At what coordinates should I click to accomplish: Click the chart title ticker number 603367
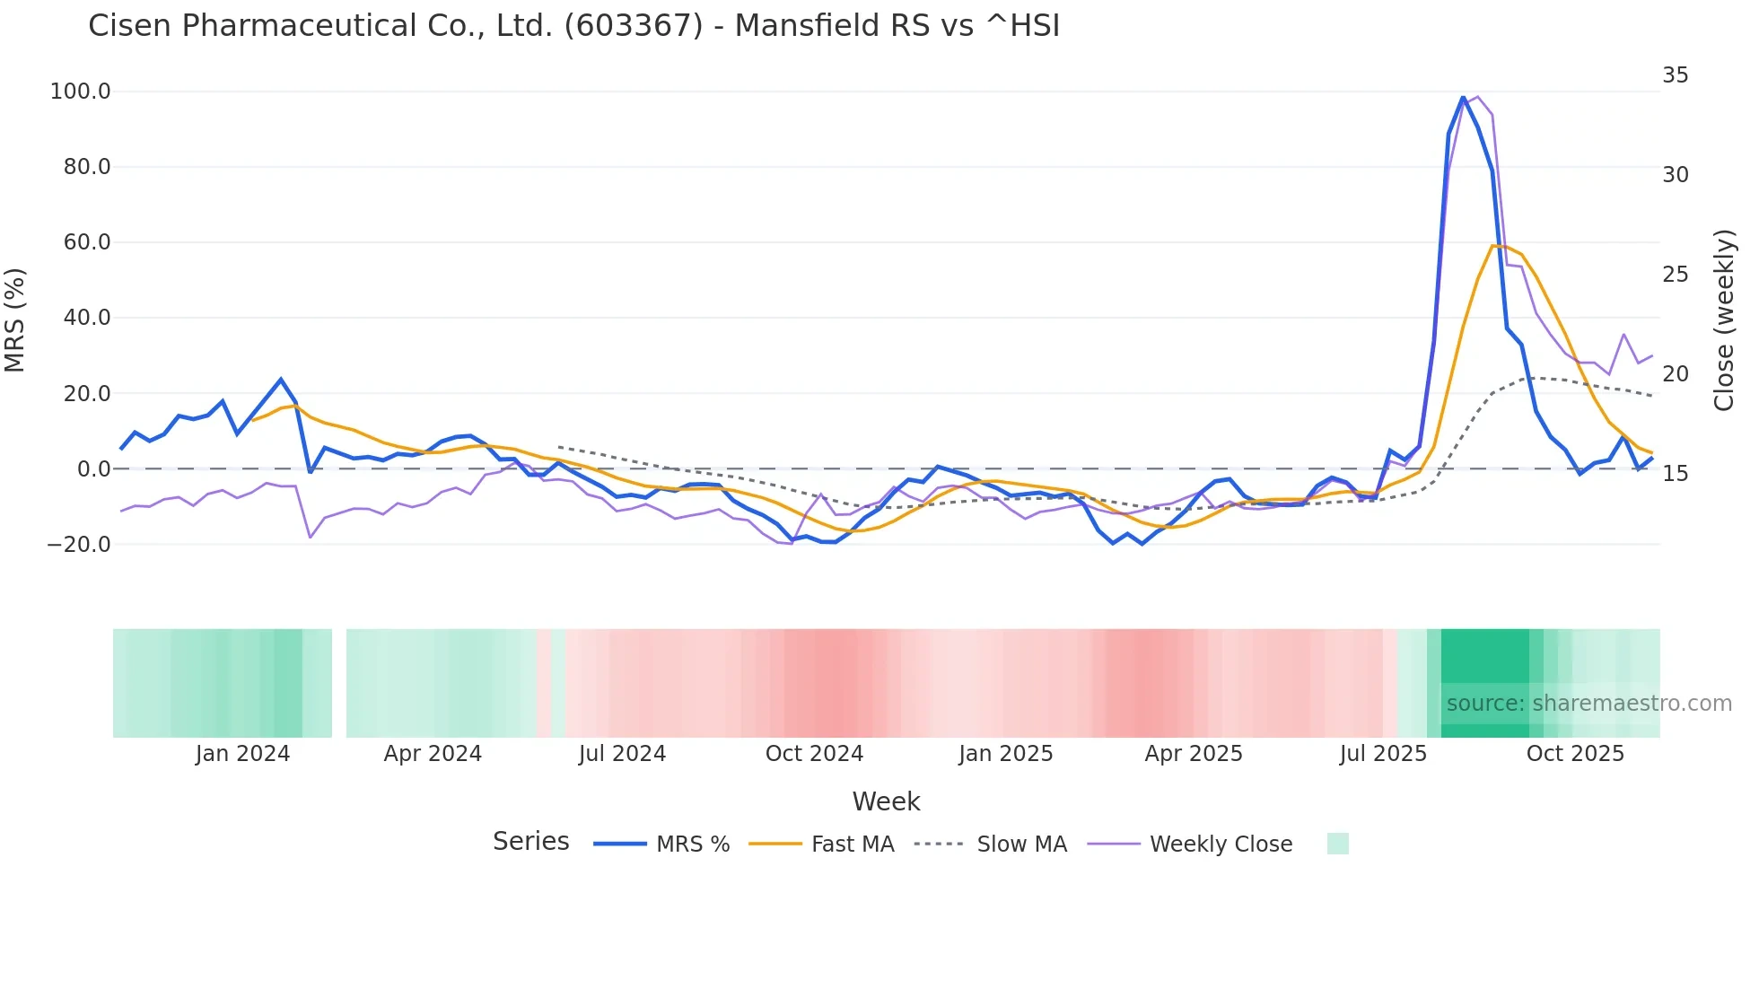pyautogui.click(x=634, y=26)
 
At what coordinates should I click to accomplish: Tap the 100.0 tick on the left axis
pyautogui.click(x=80, y=92)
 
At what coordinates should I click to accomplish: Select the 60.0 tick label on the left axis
pyautogui.click(x=86, y=242)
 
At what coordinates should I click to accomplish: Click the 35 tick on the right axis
pyautogui.click(x=1675, y=75)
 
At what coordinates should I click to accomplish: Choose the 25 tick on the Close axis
pyautogui.click(x=1675, y=275)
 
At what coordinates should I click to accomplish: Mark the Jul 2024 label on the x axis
pyautogui.click(x=622, y=754)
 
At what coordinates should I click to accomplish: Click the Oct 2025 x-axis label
pyautogui.click(x=1575, y=754)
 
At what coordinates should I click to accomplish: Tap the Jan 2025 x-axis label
pyautogui.click(x=1005, y=754)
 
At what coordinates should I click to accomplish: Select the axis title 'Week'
pyautogui.click(x=886, y=801)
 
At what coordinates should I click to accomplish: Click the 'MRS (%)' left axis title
pyautogui.click(x=15, y=319)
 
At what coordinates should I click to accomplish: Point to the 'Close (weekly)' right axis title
pyautogui.click(x=1724, y=319)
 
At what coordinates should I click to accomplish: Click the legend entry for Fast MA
pyautogui.click(x=852, y=845)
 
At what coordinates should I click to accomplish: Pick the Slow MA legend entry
pyautogui.click(x=1021, y=845)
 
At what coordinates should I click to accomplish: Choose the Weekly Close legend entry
pyautogui.click(x=1221, y=845)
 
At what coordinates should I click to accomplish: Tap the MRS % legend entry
pyautogui.click(x=692, y=845)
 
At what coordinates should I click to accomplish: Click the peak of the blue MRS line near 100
pyautogui.click(x=1463, y=97)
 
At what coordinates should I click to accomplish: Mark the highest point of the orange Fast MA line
pyautogui.click(x=1492, y=245)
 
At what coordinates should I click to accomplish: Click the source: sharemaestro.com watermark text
pyautogui.click(x=1588, y=704)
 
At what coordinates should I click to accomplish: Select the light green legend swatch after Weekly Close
pyautogui.click(x=1337, y=844)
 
